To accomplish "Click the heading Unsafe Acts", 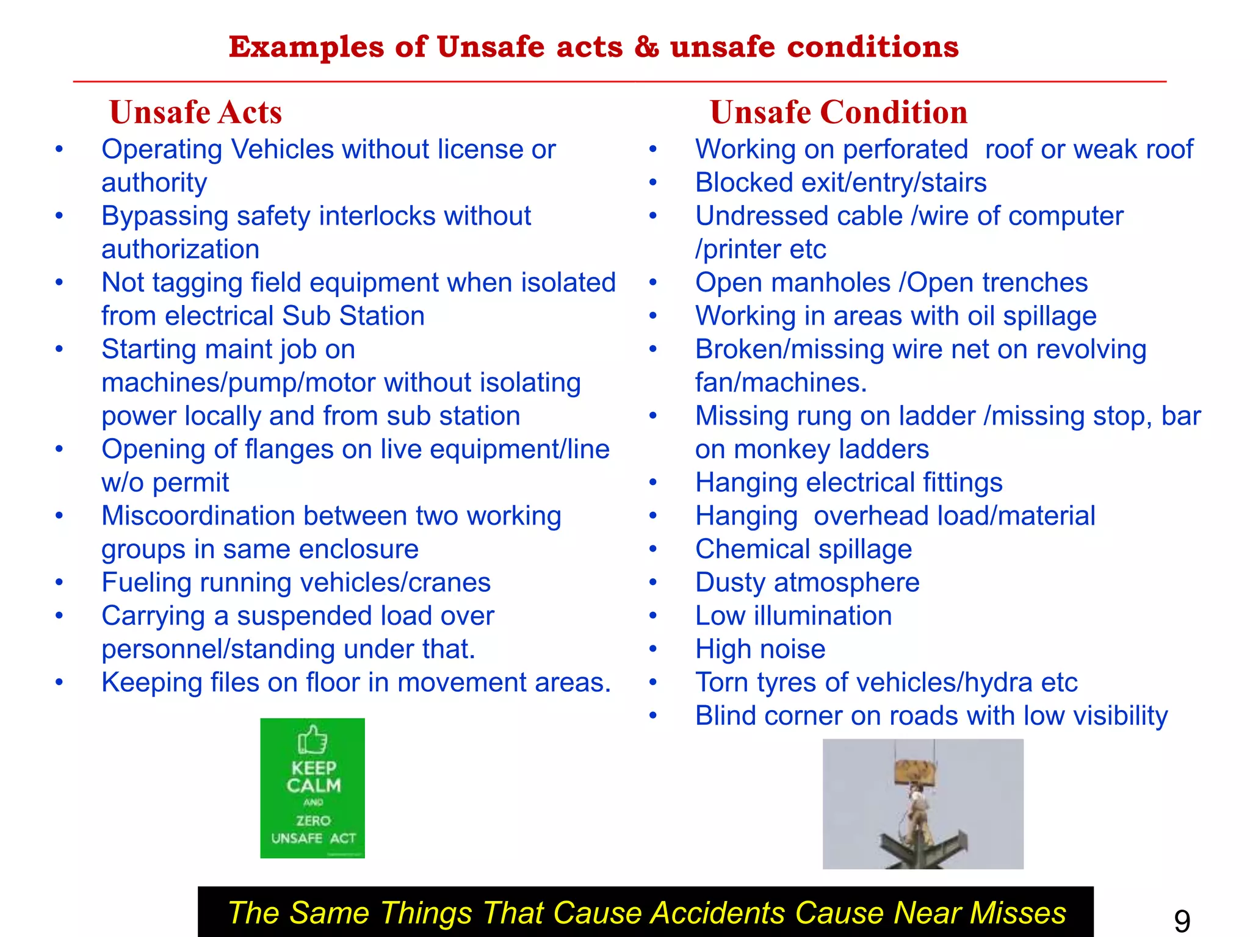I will pyautogui.click(x=195, y=113).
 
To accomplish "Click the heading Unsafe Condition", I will pyautogui.click(x=839, y=113).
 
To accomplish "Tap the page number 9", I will pyautogui.click(x=1182, y=920).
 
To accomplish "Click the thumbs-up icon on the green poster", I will pyautogui.click(x=312, y=740).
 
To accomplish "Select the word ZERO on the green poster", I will pyautogui.click(x=313, y=820).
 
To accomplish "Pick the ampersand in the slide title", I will pyautogui.click(x=646, y=47).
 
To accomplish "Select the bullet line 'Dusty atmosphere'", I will pyautogui.click(x=807, y=583).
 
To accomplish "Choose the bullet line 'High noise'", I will pyautogui.click(x=760, y=649).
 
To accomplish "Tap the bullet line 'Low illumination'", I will pyautogui.click(x=793, y=616).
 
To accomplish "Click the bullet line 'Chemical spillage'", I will pyautogui.click(x=803, y=549).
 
